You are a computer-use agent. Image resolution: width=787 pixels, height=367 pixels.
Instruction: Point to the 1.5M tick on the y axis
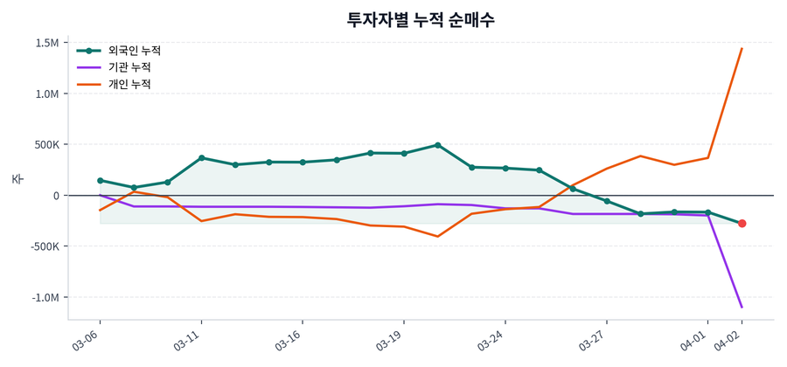(x=47, y=44)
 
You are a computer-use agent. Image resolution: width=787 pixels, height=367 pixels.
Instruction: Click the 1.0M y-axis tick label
(x=47, y=94)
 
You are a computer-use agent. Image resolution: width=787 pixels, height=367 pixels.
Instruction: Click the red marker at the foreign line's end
(x=742, y=224)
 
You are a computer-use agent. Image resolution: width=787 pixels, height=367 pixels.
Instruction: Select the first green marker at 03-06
(x=100, y=181)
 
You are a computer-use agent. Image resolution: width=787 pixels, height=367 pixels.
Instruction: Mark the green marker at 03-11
(x=201, y=158)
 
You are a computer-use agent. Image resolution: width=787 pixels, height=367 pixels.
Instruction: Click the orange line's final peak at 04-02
(x=742, y=49)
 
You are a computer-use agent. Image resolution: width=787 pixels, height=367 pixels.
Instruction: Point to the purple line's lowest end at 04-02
(x=742, y=307)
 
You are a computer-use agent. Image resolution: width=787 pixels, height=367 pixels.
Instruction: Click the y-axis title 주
(x=17, y=179)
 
